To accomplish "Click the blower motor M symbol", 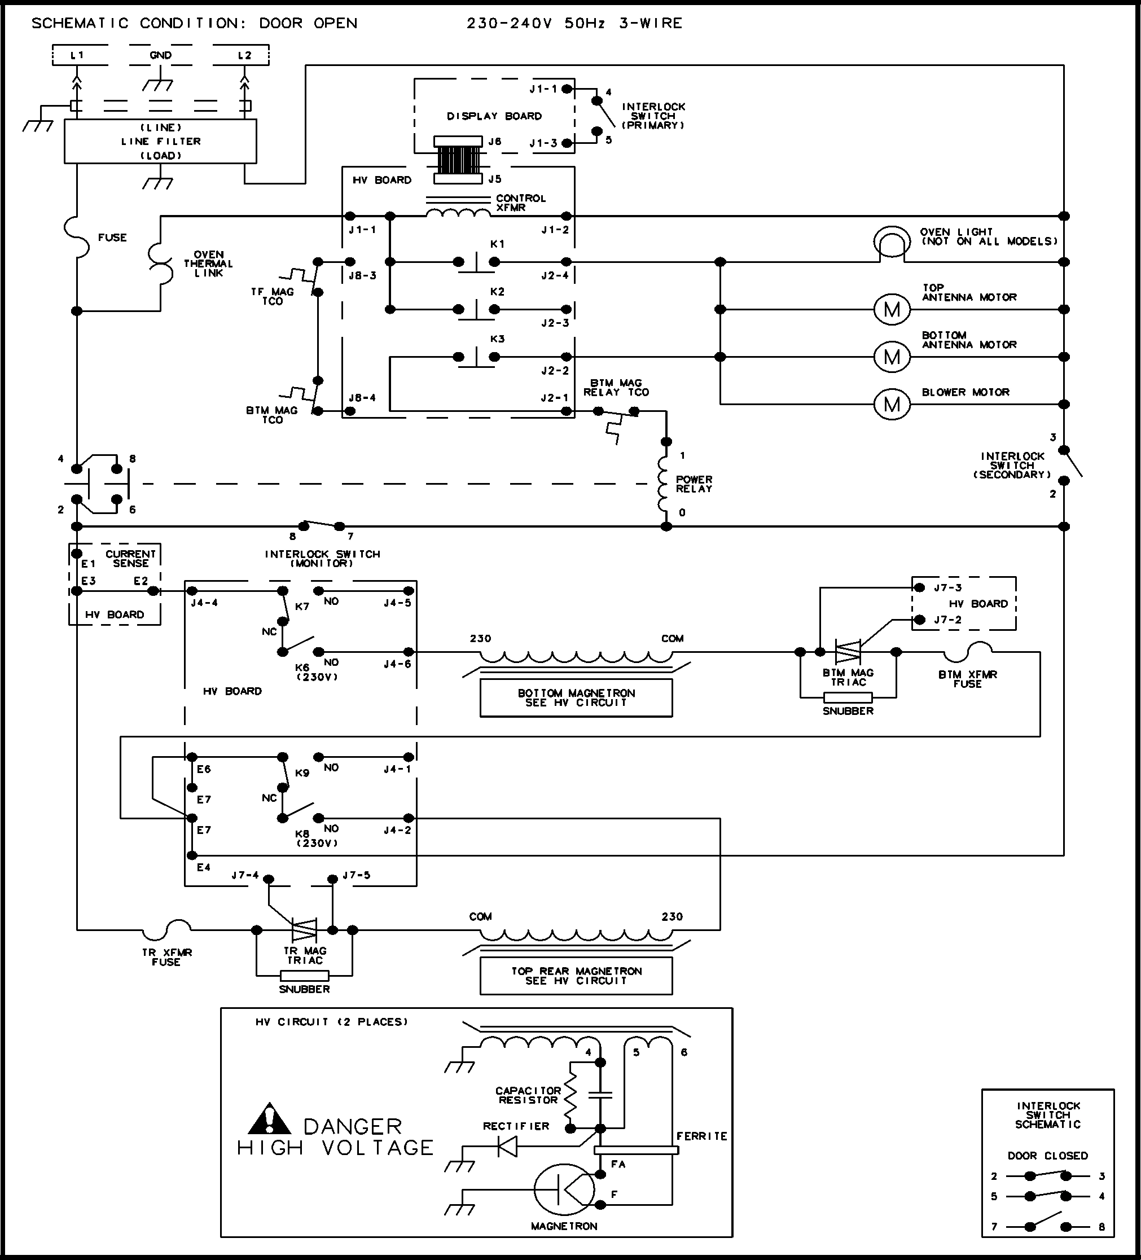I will [892, 405].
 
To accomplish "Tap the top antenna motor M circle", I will [892, 309].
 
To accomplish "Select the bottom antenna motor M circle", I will [892, 357].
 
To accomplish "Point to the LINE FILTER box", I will [161, 141].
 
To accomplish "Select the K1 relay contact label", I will [497, 244].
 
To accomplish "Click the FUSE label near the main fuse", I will [112, 238].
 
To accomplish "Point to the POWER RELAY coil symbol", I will [664, 484].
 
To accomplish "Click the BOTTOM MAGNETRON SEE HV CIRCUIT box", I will [576, 697].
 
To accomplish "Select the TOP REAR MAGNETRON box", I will [576, 976].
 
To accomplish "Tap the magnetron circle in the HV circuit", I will [564, 1189].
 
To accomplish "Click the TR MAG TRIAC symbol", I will [305, 929].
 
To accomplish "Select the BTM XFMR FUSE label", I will [967, 679].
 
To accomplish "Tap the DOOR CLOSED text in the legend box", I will [1047, 1156].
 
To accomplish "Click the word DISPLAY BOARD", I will [494, 116].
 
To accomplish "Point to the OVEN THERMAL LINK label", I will [208, 264].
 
